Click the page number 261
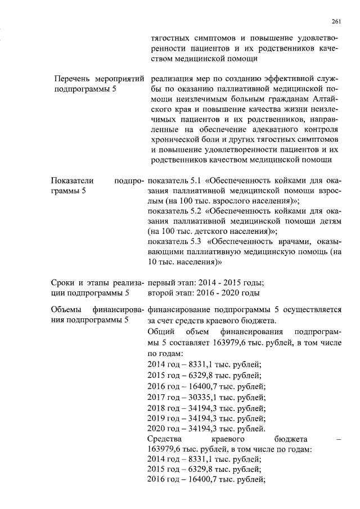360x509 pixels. pos(336,21)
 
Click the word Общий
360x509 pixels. pos(160,331)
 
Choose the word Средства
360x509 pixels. pos(164,439)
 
